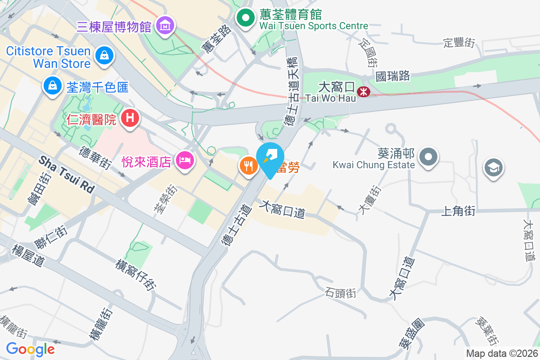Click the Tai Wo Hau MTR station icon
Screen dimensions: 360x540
click(x=363, y=92)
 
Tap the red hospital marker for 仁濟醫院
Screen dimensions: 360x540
click(x=130, y=118)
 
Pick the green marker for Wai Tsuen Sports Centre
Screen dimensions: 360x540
click(x=246, y=18)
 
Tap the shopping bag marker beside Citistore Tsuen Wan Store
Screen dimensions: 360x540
click(x=104, y=56)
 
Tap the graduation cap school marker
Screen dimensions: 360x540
click(x=493, y=168)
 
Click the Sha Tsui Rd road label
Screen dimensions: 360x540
click(x=67, y=175)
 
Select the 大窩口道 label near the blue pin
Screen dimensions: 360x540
click(x=283, y=209)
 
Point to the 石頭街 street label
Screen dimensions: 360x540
click(x=340, y=293)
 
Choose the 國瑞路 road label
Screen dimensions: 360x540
click(x=393, y=76)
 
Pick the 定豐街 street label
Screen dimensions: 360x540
click(x=459, y=43)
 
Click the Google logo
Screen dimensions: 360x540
click(x=31, y=349)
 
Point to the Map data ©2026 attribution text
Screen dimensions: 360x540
click(x=502, y=353)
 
